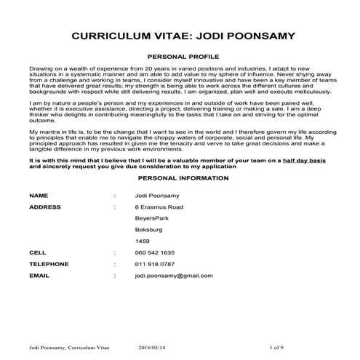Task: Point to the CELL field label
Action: [37, 252]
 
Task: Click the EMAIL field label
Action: [39, 276]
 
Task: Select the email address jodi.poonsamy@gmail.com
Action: [174, 276]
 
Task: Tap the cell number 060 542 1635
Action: [155, 252]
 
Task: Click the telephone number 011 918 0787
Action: [155, 263]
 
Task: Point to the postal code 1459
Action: [143, 241]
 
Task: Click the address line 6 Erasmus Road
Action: [159, 207]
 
